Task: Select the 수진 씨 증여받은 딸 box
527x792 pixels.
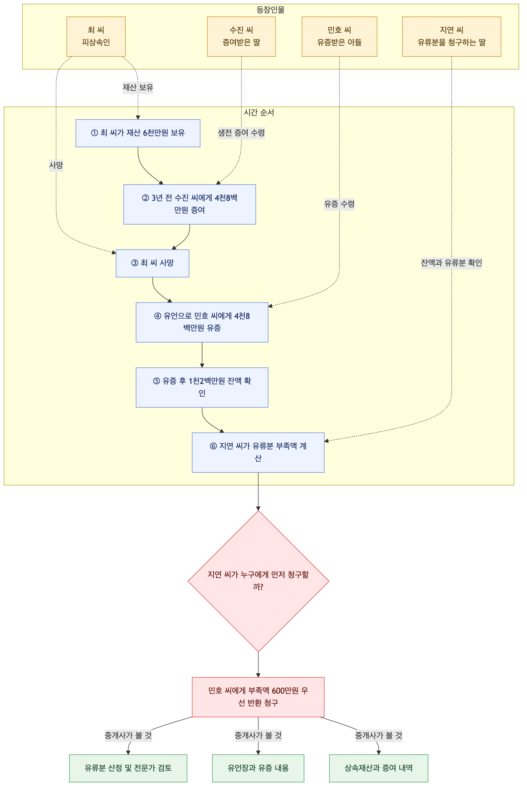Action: pyautogui.click(x=241, y=36)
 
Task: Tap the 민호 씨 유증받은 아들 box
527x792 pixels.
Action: pyautogui.click(x=339, y=36)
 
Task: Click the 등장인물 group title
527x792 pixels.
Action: pyautogui.click(x=271, y=10)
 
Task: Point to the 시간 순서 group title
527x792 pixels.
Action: pyautogui.click(x=259, y=112)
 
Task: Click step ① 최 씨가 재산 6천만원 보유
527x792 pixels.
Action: pyautogui.click(x=138, y=133)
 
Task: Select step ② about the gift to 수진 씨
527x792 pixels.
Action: pyautogui.click(x=190, y=204)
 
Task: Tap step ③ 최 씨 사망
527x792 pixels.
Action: pyautogui.click(x=152, y=263)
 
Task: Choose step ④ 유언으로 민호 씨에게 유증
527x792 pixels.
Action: pyautogui.click(x=202, y=322)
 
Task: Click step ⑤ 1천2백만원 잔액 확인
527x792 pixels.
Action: pyautogui.click(x=202, y=387)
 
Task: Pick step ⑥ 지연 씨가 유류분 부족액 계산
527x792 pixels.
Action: pyautogui.click(x=258, y=452)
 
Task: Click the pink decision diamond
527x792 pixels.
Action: pyautogui.click(x=258, y=581)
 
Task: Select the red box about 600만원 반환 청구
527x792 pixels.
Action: pyautogui.click(x=258, y=697)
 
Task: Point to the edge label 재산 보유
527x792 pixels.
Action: pyautogui.click(x=138, y=88)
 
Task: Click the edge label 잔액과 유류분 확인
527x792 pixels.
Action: pyautogui.click(x=451, y=263)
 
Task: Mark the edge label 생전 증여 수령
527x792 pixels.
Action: pyautogui.click(x=241, y=133)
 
